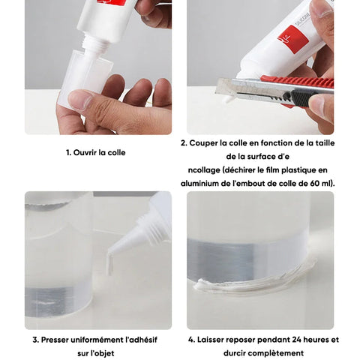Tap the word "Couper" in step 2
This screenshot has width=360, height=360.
click(203, 143)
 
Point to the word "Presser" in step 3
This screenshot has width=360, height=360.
click(55, 340)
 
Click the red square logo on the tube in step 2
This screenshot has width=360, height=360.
click(293, 39)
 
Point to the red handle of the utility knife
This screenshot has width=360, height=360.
click(298, 82)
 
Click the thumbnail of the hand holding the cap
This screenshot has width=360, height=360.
click(80, 100)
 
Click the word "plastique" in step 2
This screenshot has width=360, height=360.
click(298, 170)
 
